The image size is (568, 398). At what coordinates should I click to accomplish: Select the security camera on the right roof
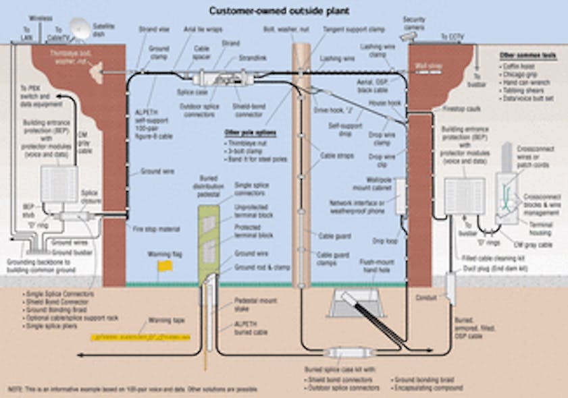[x=409, y=33]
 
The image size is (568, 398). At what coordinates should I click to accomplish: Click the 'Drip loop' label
[x=383, y=239]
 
